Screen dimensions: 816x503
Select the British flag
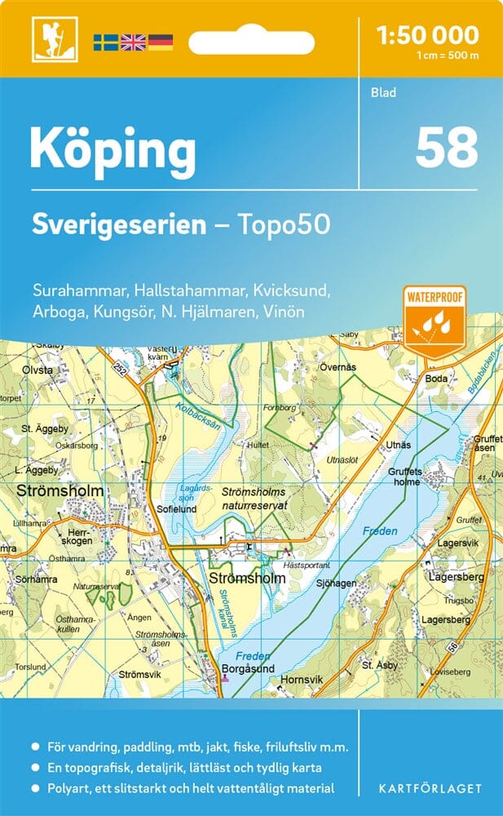tap(132, 42)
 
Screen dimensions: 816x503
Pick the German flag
tap(160, 42)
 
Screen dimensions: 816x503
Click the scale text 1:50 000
tap(427, 35)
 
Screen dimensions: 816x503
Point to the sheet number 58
tap(446, 147)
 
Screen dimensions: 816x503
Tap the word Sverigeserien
tap(119, 224)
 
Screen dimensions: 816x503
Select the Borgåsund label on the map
tap(245, 667)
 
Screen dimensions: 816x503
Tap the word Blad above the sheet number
tap(382, 92)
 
